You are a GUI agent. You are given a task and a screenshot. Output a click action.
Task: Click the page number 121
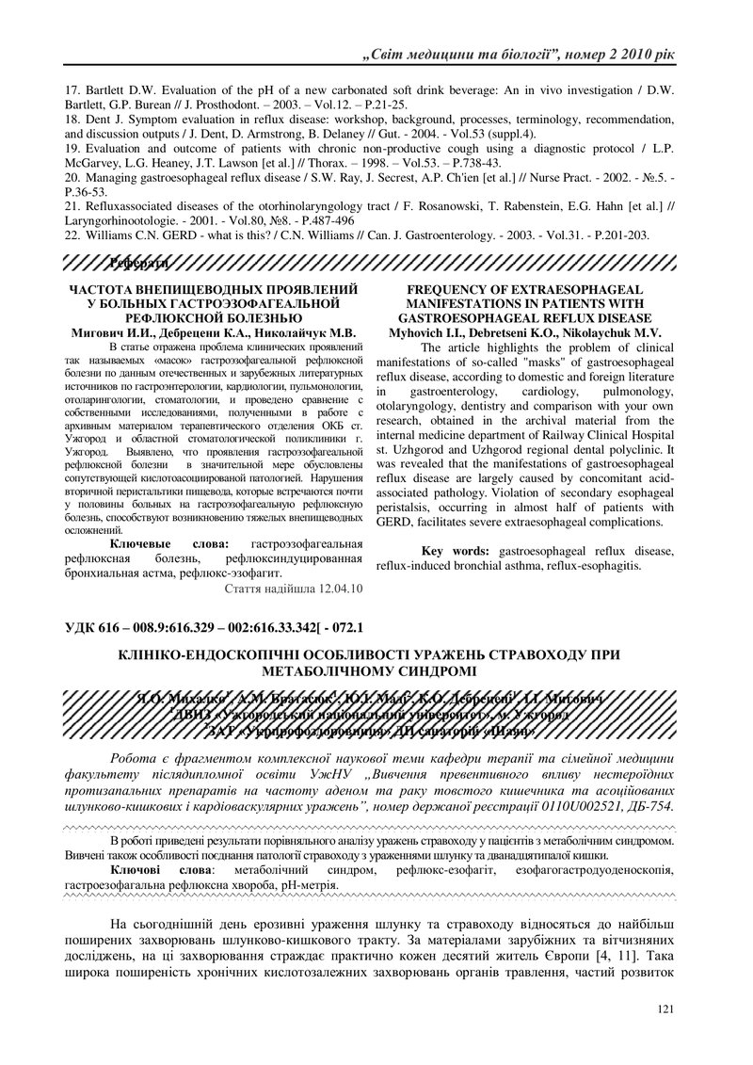[x=665, y=1009]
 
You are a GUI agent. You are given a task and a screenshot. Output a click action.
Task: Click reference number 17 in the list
[x=72, y=92]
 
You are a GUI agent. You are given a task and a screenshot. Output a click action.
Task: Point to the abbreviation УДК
[x=81, y=625]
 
